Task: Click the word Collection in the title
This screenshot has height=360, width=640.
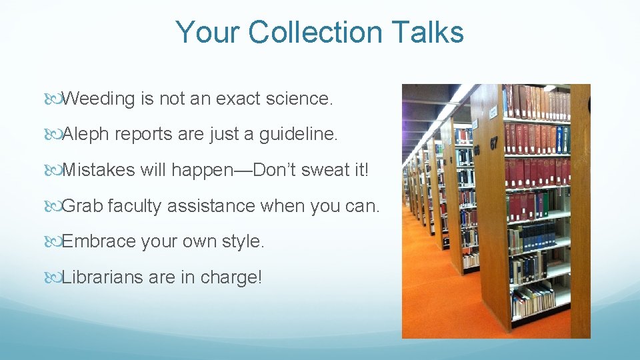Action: click(x=319, y=32)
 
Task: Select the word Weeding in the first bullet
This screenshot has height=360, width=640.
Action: click(x=99, y=99)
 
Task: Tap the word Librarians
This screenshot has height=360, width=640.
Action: click(x=103, y=277)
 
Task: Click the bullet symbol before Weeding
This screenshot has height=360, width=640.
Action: click(x=53, y=99)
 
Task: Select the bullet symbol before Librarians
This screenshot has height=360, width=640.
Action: click(x=53, y=277)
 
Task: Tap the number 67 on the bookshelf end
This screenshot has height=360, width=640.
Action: click(x=493, y=143)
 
